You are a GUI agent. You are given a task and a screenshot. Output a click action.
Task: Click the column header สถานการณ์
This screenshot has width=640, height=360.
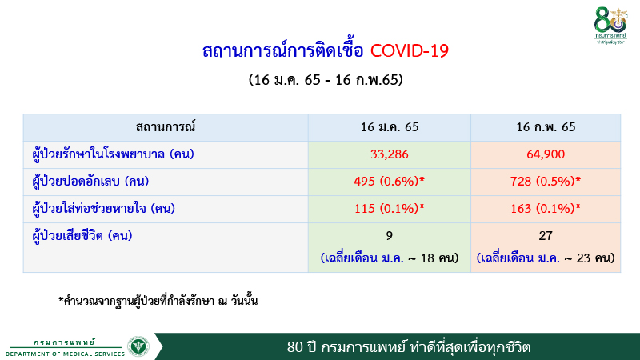coord(166,126)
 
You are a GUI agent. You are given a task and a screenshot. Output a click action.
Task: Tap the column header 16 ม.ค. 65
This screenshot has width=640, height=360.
coord(390,126)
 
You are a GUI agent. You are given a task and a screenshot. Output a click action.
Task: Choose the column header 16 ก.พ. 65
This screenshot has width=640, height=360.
coord(546,126)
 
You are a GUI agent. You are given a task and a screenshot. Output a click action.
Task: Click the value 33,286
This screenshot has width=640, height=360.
coord(390,154)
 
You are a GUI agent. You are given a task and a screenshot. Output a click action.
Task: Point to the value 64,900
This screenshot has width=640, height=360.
coord(546,154)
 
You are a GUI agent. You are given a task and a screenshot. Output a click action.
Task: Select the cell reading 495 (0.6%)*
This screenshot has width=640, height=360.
coord(390,181)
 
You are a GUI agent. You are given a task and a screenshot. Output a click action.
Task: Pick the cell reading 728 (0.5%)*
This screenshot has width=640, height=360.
coord(546,181)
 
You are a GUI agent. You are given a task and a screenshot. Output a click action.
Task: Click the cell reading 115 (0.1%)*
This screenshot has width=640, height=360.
coord(390,209)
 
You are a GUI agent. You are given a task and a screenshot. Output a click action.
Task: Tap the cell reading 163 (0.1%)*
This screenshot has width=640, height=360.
coord(546,209)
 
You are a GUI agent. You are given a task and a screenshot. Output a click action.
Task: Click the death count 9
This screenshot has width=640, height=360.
coord(390,238)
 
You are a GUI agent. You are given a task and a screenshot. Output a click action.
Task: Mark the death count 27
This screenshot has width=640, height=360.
coord(546,238)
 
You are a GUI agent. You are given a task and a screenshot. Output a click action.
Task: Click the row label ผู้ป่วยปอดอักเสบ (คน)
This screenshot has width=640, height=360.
coord(102,182)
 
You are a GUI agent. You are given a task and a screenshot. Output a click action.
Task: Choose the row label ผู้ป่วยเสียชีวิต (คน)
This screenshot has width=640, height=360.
coord(88,236)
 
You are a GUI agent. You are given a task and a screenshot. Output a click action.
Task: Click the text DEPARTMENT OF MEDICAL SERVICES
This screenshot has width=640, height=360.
coord(64,353)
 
